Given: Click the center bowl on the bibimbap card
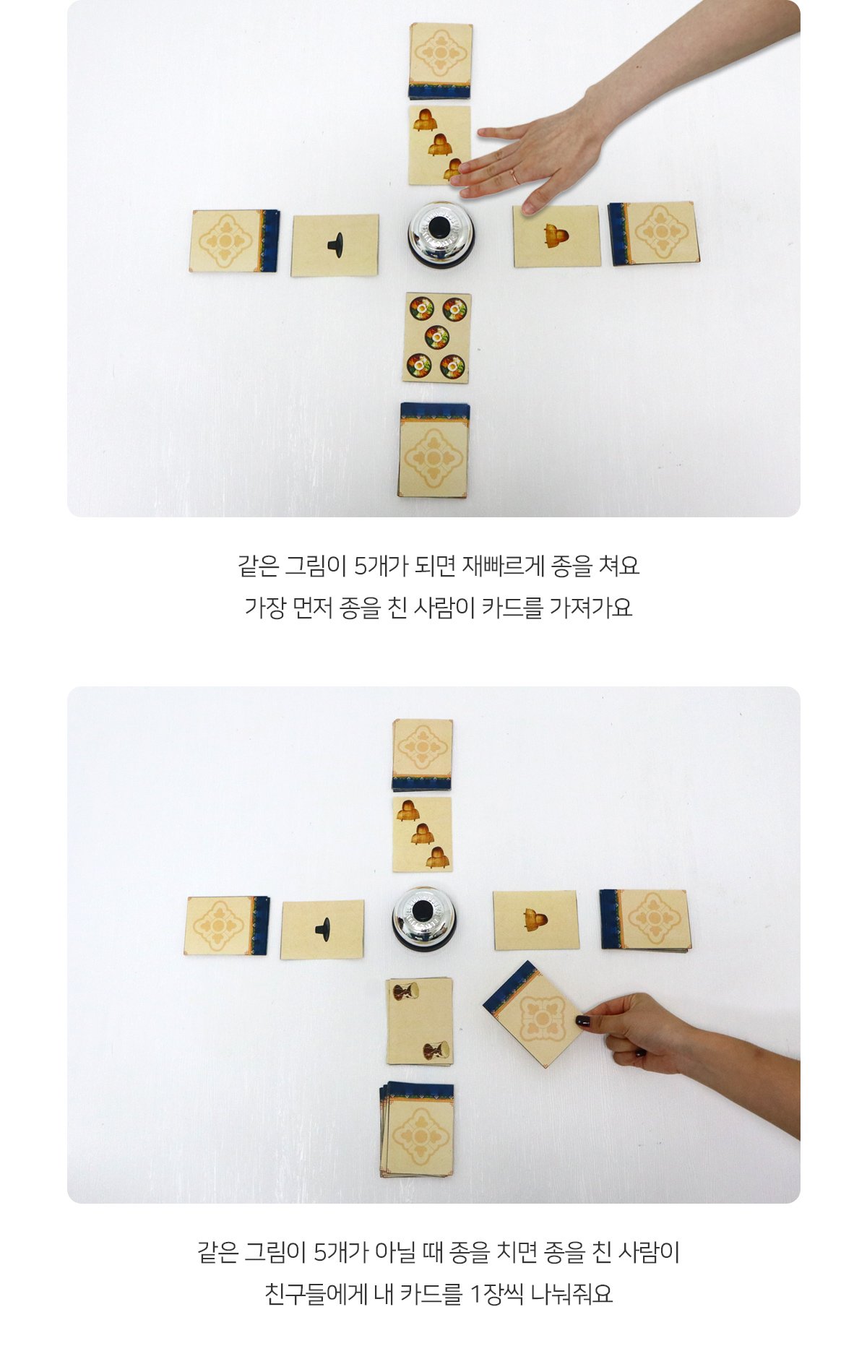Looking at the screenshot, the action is [x=436, y=337].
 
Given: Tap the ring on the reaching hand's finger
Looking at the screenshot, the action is [x=515, y=176].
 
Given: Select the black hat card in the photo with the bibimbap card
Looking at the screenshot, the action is [x=335, y=245].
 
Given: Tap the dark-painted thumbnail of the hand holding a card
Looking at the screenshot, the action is [x=582, y=1021].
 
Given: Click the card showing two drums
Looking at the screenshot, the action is [x=420, y=1021].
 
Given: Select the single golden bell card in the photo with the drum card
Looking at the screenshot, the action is [x=536, y=920].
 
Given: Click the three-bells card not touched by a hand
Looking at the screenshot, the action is [x=422, y=834].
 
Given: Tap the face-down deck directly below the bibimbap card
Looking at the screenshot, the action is [x=433, y=450].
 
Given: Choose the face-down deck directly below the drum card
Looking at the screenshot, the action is [x=418, y=1129].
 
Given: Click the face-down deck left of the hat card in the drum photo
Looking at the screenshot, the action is [x=228, y=926].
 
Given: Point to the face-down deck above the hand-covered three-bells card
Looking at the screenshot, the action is [x=440, y=61].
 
